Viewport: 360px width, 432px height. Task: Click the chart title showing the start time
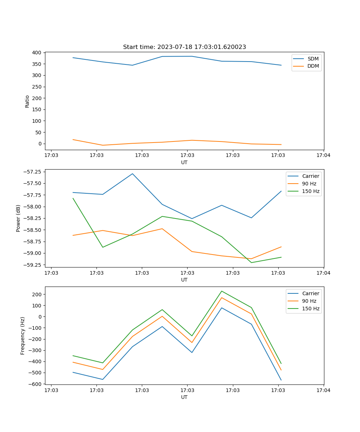(184, 47)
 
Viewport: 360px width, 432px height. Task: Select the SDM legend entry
(313, 59)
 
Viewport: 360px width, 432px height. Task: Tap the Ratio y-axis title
(27, 101)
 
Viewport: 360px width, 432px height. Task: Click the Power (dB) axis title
(18, 218)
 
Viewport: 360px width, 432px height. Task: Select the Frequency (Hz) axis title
(23, 336)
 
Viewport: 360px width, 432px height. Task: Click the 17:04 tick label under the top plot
(323, 156)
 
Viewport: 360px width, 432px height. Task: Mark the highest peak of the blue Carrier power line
(132, 174)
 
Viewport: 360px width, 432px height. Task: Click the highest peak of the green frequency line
(222, 291)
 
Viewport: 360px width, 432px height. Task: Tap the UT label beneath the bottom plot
(184, 397)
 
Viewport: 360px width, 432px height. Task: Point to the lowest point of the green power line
(251, 262)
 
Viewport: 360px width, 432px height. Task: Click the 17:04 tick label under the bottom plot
(323, 390)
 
